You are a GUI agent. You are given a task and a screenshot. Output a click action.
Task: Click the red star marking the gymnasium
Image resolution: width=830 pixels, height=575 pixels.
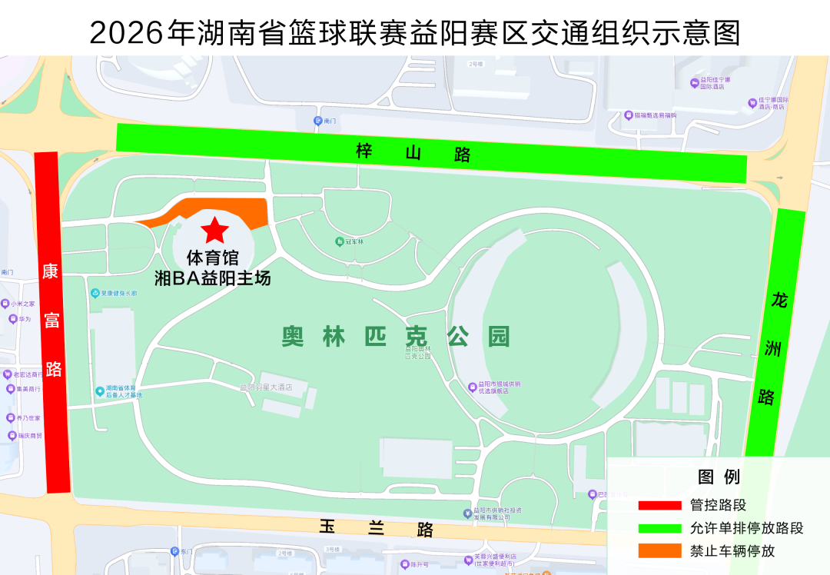point(214,229)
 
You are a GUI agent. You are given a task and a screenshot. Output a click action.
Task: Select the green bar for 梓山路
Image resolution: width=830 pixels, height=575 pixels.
point(430,153)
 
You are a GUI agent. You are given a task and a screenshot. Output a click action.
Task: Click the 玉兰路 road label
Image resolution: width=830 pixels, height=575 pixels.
point(377,528)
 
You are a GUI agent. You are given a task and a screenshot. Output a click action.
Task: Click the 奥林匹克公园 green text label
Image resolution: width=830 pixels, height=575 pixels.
point(396,337)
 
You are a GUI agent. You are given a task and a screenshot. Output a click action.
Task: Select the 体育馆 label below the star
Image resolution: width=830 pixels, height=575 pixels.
point(213,258)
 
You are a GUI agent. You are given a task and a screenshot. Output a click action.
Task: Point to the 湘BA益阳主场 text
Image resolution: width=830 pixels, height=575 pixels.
point(213,278)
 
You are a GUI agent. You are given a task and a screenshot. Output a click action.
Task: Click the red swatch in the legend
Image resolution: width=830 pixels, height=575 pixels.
point(659,506)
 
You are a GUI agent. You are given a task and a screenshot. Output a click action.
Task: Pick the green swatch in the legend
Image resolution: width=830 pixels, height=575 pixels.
point(659,528)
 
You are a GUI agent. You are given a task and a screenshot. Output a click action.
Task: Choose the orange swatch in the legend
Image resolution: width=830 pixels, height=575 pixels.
point(659,550)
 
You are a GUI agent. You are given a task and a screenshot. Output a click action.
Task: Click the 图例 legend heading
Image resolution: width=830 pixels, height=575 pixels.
point(719,477)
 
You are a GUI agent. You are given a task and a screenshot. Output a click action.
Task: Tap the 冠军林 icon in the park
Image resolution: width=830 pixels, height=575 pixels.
point(340,241)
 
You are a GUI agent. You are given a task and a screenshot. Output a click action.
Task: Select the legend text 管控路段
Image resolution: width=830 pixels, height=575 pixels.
point(718,506)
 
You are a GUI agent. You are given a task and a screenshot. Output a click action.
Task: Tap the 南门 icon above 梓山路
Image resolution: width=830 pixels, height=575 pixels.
point(318,121)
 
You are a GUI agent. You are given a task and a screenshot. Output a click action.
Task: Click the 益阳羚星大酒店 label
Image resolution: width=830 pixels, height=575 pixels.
point(266,387)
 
